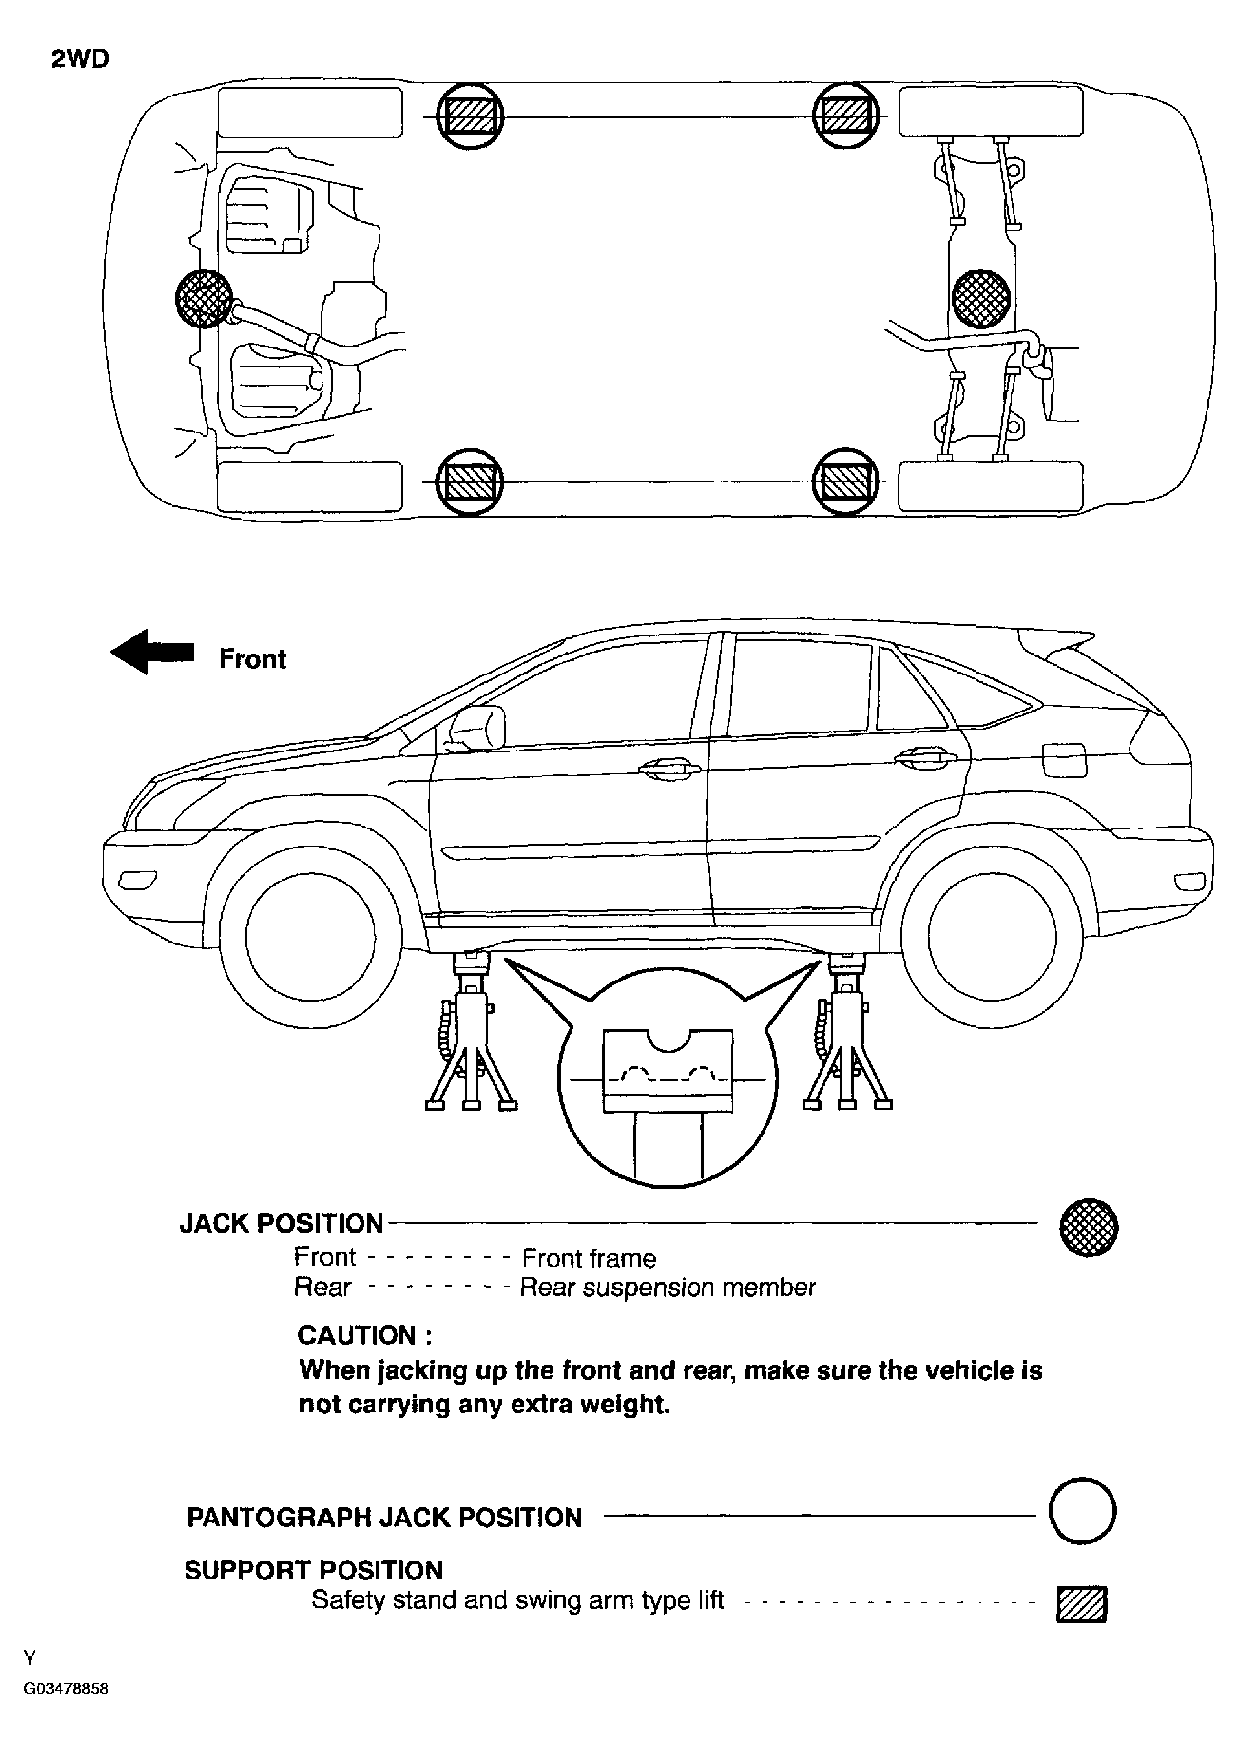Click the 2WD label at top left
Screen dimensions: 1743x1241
[x=80, y=59]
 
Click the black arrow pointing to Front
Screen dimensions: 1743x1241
[x=152, y=652]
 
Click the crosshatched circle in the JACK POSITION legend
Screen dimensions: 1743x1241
[x=1088, y=1227]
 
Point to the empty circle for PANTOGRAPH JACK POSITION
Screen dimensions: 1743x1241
[x=1082, y=1511]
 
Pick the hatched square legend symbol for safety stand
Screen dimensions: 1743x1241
[x=1081, y=1604]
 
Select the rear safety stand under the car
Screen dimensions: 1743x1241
[x=847, y=1031]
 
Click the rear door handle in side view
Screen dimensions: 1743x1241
[x=924, y=758]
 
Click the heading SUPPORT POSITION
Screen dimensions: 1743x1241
[x=313, y=1570]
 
